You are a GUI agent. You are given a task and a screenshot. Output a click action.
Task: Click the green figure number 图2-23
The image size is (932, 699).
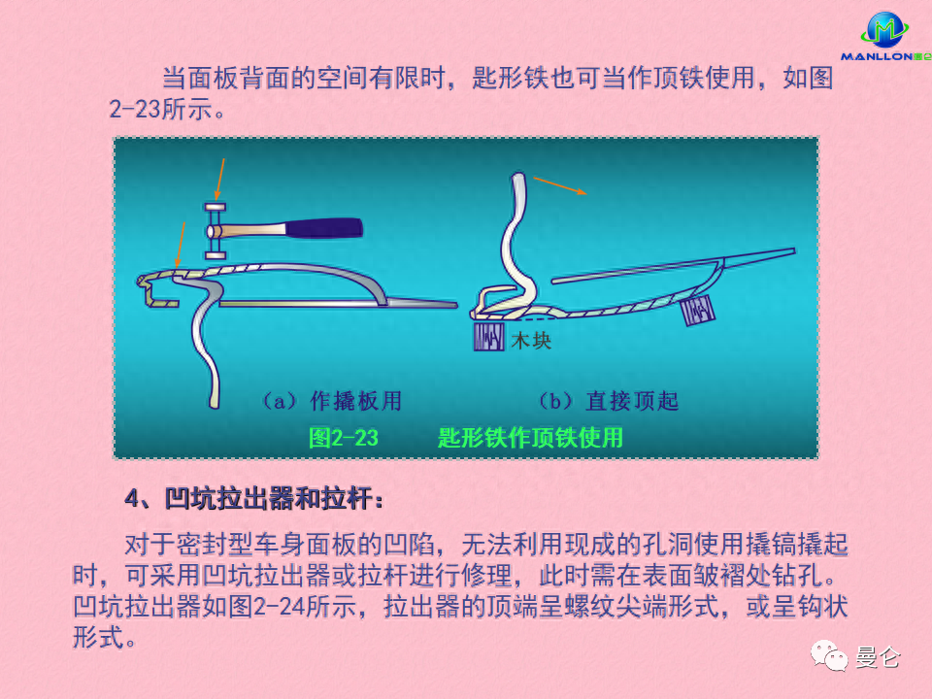click(343, 438)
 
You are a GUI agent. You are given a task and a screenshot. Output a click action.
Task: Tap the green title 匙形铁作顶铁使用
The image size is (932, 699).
click(530, 438)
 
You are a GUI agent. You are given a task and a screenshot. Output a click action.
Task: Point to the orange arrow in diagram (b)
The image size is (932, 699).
click(560, 186)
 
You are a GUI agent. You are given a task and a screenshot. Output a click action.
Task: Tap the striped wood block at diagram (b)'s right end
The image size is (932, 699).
click(698, 312)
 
